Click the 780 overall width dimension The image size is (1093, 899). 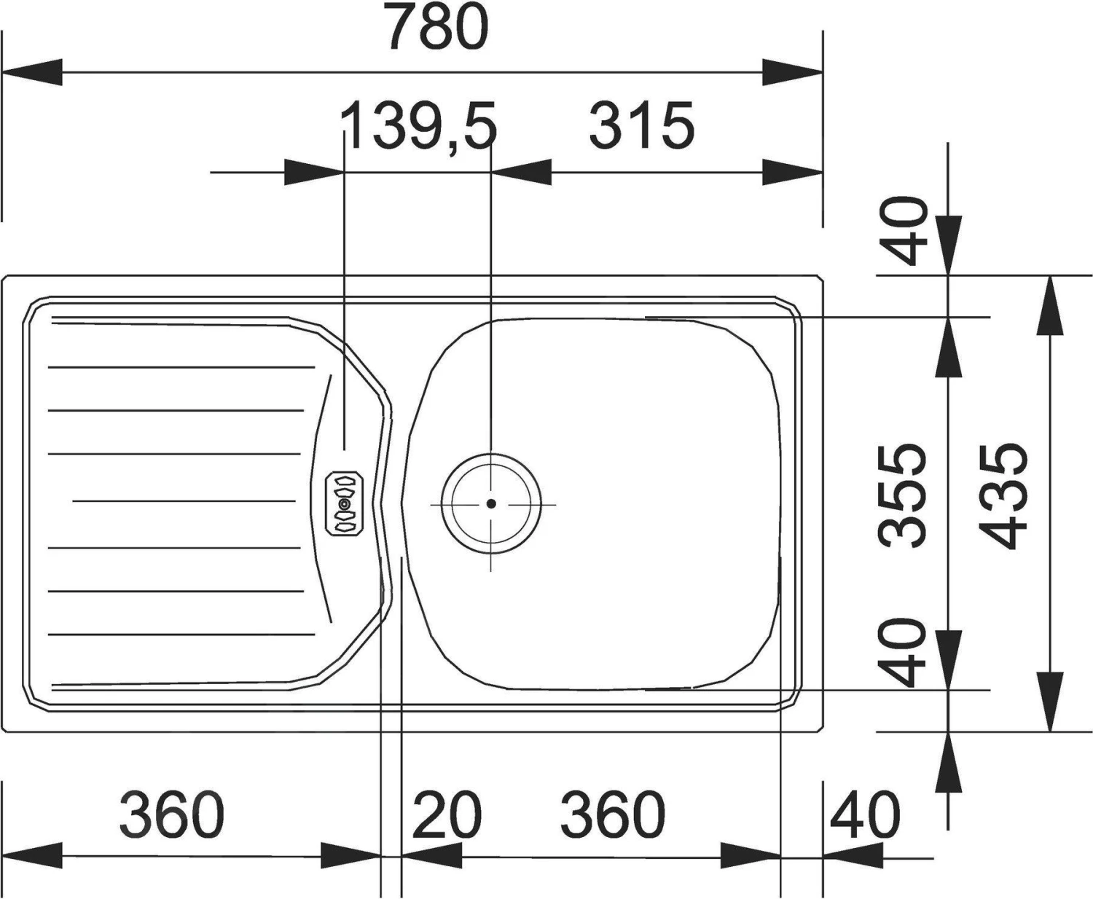(x=438, y=27)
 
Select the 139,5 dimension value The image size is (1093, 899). (x=418, y=126)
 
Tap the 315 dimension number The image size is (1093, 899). (x=642, y=125)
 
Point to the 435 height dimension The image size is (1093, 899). (x=1003, y=496)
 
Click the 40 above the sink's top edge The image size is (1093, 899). (x=904, y=230)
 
